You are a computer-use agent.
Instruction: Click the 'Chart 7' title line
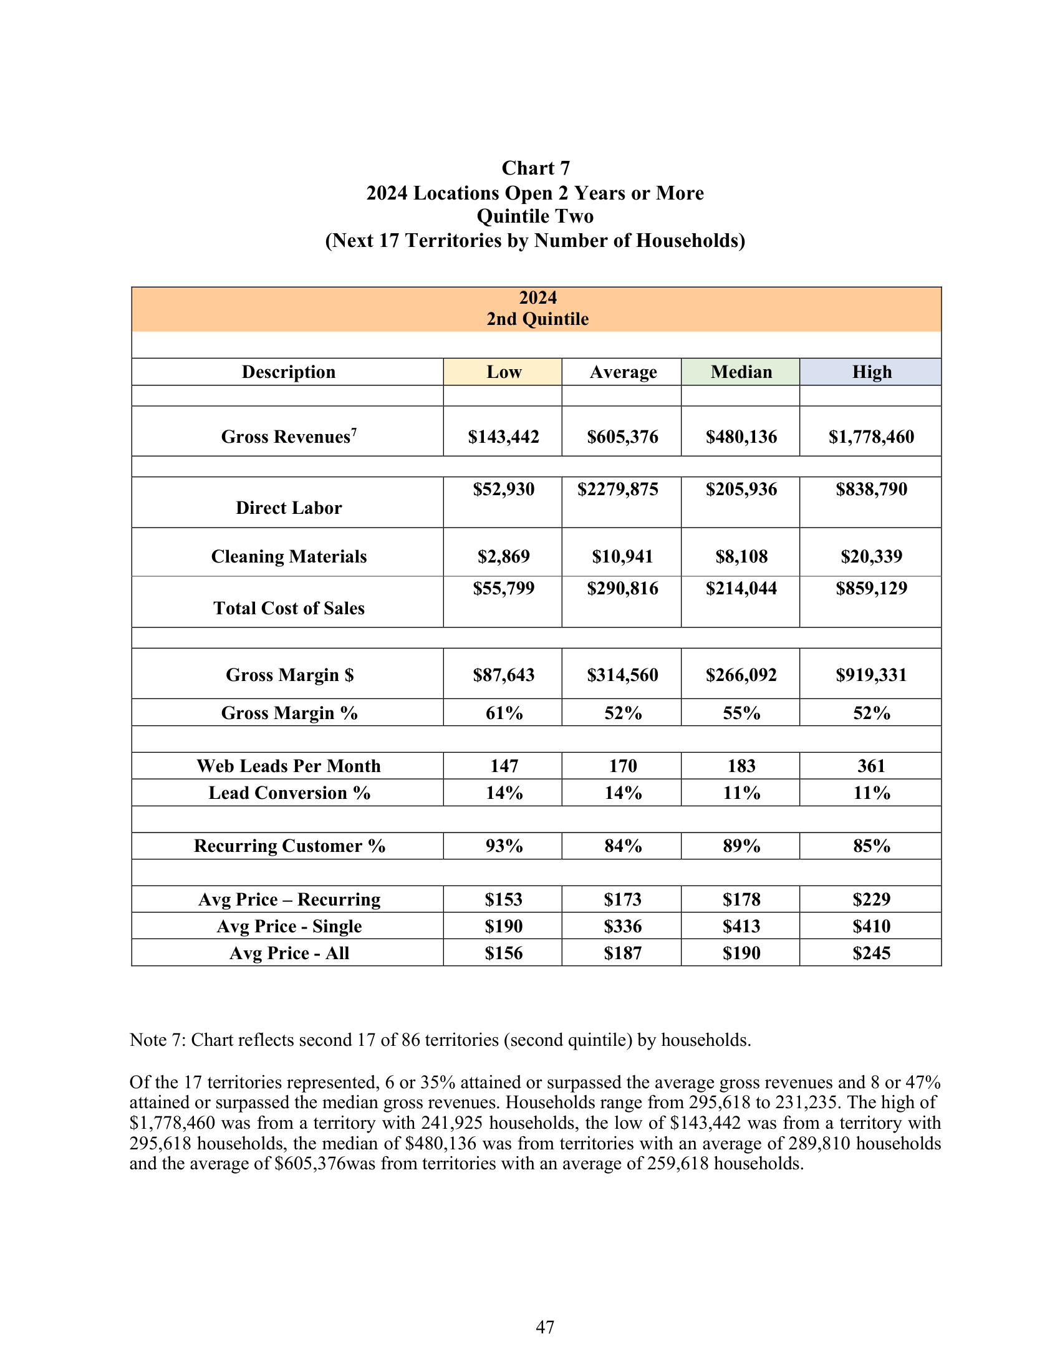(x=536, y=168)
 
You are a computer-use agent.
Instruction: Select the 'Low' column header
(x=504, y=372)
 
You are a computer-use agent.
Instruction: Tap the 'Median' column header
(x=741, y=372)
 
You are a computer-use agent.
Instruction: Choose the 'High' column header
(x=871, y=372)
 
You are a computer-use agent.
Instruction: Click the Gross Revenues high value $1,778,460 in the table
(x=871, y=437)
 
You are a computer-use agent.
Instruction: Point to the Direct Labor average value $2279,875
(x=618, y=490)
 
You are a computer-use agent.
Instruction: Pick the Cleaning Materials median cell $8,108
(x=741, y=556)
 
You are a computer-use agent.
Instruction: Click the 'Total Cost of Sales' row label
(x=289, y=608)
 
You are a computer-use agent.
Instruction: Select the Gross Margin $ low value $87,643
(x=504, y=675)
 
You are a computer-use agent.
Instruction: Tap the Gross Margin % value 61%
(x=504, y=713)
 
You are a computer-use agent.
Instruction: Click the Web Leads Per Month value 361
(x=871, y=766)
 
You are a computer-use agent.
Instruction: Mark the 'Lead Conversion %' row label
(x=289, y=793)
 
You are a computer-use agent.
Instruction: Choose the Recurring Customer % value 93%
(x=504, y=846)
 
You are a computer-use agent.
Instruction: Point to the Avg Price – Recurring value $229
(x=871, y=899)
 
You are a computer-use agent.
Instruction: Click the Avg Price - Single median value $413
(x=741, y=927)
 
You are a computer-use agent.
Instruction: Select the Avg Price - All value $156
(x=504, y=954)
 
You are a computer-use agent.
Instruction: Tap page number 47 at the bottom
(x=544, y=1327)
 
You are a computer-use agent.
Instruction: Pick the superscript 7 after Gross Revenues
(x=354, y=432)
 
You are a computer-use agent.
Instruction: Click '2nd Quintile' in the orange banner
(x=537, y=319)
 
